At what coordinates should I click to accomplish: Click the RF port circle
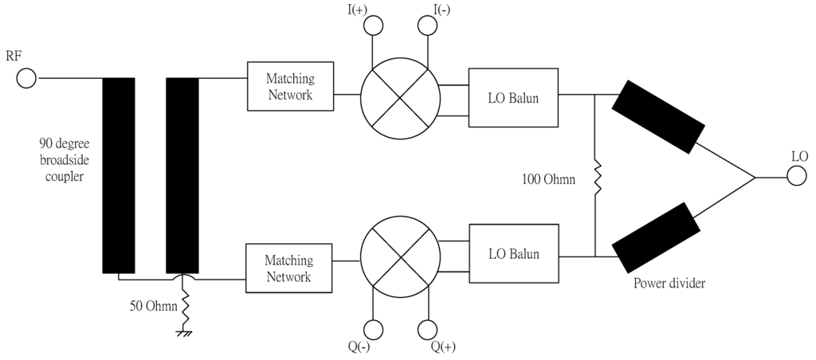26,78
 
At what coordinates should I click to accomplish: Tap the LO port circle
798,177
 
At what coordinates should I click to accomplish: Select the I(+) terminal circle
373,25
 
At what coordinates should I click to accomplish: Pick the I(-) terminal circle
428,25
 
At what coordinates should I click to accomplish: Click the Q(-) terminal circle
373,329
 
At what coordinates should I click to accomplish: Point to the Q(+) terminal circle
428,329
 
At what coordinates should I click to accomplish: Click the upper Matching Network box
290,86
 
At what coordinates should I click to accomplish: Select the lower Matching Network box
290,268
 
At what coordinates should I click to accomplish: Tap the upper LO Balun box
513,97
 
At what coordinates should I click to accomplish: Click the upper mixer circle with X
400,97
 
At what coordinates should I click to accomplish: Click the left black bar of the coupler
119,175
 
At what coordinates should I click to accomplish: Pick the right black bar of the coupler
182,175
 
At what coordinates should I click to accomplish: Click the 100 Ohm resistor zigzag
596,177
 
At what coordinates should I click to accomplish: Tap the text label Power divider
669,283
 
